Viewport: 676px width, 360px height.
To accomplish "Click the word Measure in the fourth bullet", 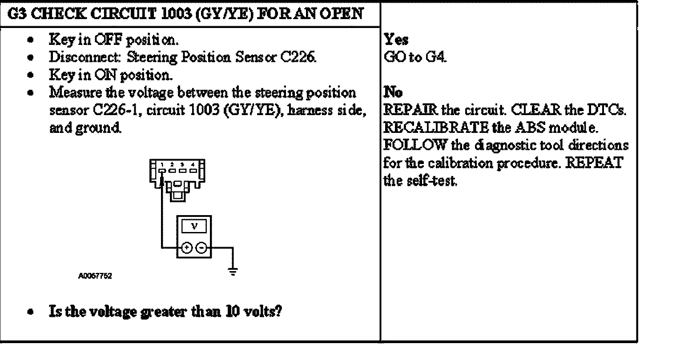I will tap(69, 92).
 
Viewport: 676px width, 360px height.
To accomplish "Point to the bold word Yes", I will tap(396, 40).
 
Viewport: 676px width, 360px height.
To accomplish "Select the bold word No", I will tap(393, 92).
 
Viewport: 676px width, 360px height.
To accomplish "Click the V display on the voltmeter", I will tap(194, 226).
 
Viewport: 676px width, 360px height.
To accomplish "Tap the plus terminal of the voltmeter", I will tap(186, 248).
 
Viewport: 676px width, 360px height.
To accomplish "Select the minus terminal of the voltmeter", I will tap(201, 248).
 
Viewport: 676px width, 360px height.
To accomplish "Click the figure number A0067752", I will tap(95, 276).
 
